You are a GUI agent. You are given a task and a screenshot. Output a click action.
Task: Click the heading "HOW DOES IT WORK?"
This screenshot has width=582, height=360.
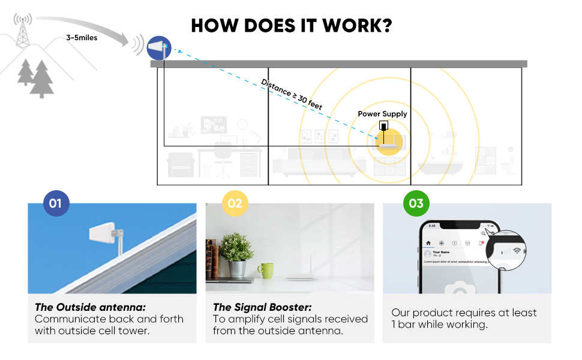tap(291, 26)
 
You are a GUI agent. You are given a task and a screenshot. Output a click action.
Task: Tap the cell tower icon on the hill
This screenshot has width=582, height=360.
tap(23, 32)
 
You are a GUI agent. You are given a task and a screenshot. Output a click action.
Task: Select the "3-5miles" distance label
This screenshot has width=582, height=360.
tap(82, 38)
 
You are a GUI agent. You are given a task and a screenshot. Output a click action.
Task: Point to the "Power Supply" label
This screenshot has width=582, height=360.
tap(382, 114)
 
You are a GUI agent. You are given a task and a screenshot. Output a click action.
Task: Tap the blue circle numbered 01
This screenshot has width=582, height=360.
tap(55, 203)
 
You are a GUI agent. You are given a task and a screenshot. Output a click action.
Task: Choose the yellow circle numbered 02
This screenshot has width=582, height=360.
tap(235, 203)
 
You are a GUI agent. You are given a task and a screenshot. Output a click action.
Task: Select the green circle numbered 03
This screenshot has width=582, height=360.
tap(415, 203)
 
